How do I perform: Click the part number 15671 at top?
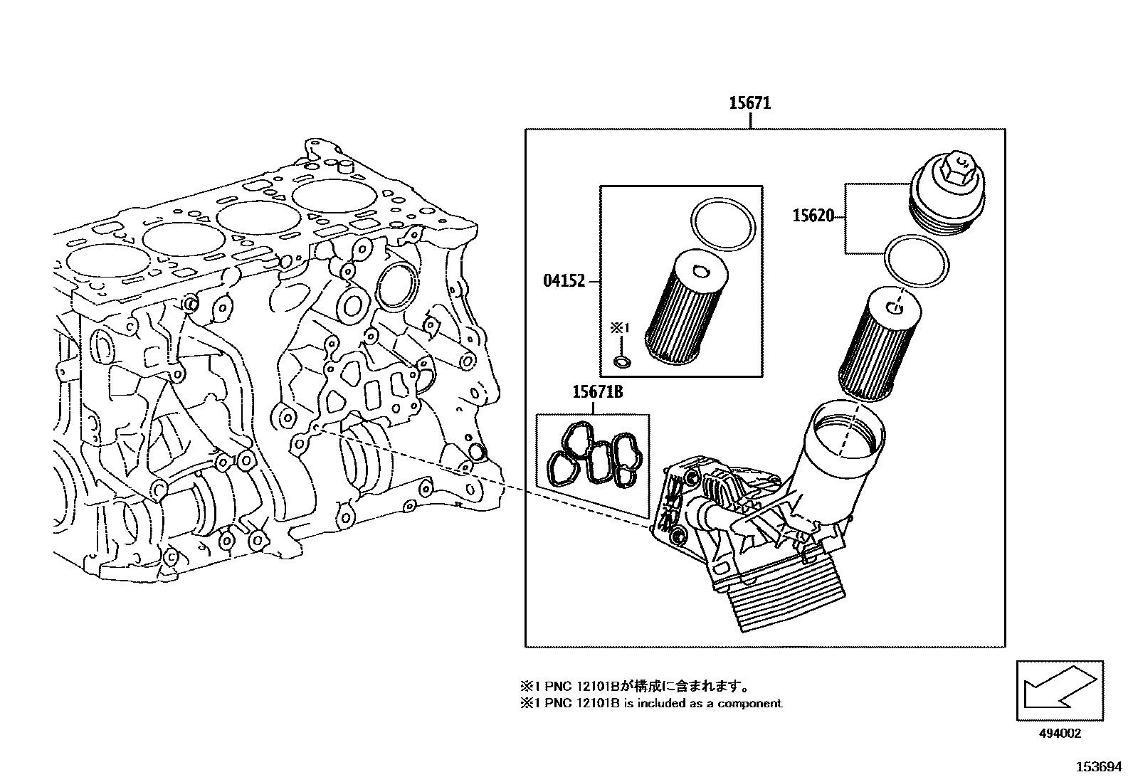click(x=749, y=103)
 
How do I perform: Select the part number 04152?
click(x=564, y=281)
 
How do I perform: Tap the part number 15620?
click(x=813, y=215)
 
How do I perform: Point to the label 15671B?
click(x=598, y=391)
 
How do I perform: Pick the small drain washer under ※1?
click(x=621, y=364)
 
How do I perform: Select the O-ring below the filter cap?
click(x=916, y=261)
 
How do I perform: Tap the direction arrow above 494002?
click(x=1059, y=689)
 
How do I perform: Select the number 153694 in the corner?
click(x=1097, y=767)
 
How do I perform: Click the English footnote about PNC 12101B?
click(x=651, y=704)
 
